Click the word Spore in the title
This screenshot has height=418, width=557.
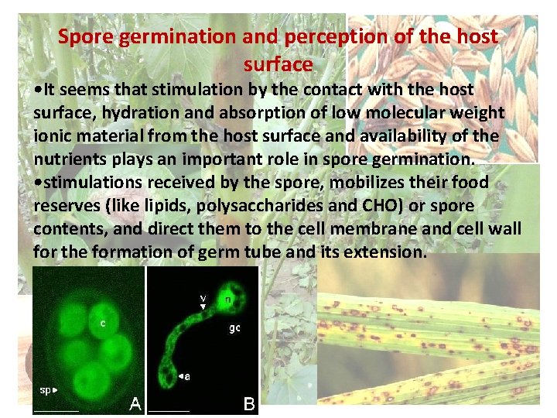85,36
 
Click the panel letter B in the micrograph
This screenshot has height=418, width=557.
250,403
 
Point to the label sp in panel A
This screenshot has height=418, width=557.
46,389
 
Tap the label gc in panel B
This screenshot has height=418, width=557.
234,327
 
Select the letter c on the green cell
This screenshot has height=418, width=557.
101,323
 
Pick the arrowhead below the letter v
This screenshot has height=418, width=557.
203,307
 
